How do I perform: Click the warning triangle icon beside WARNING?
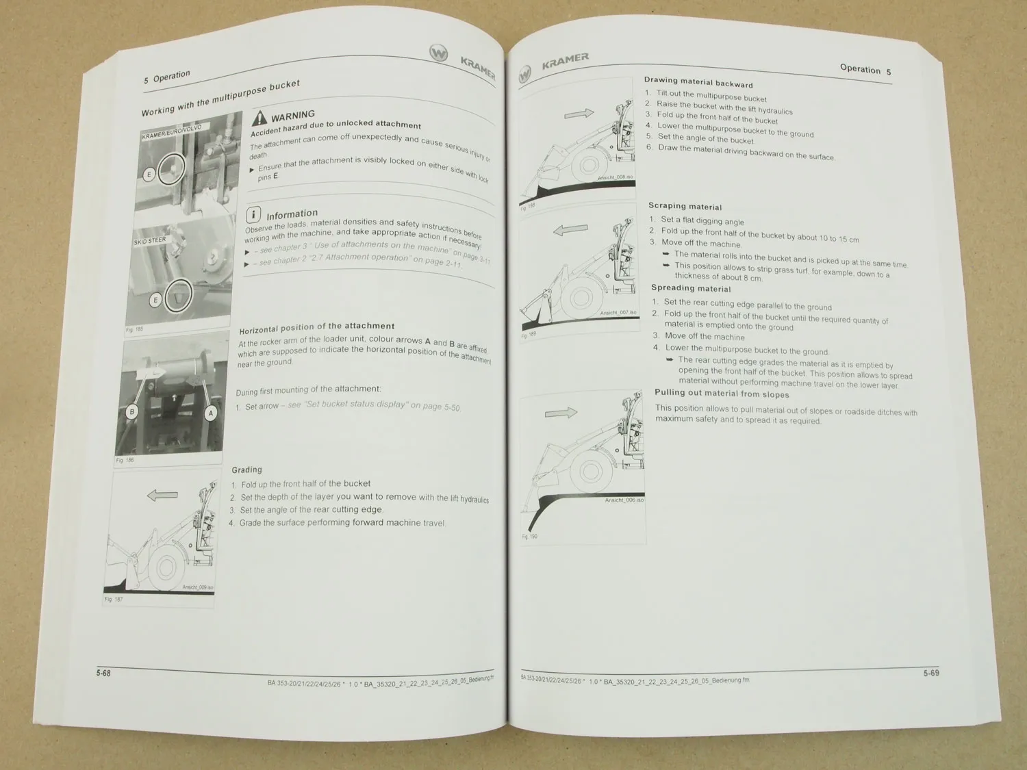260,118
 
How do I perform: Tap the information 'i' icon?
253,215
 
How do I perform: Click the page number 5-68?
103,673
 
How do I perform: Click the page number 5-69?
930,673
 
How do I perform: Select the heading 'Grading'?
246,470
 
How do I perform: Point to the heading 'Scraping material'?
685,206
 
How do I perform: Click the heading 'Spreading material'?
691,288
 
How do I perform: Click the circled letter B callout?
132,411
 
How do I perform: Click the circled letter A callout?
211,413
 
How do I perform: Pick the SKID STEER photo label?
149,241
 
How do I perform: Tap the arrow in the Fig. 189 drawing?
570,231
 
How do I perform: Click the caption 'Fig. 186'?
125,460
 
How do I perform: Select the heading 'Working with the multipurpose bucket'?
220,98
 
